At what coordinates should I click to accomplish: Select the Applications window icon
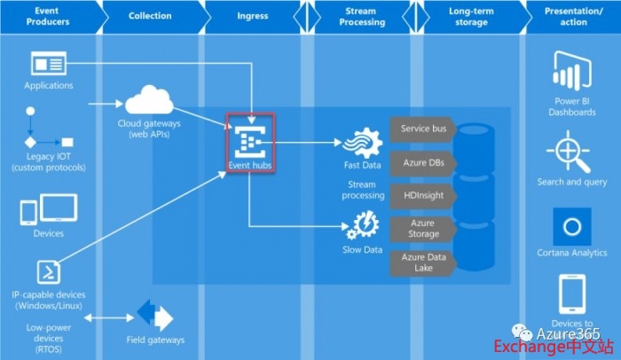(48, 64)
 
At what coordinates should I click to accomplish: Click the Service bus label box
(422, 129)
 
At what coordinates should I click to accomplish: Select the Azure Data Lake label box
(422, 262)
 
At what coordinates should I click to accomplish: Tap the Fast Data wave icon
(361, 142)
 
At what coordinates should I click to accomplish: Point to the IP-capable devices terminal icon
(48, 271)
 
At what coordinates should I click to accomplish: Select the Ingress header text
(253, 16)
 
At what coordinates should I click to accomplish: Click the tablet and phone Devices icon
(48, 209)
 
